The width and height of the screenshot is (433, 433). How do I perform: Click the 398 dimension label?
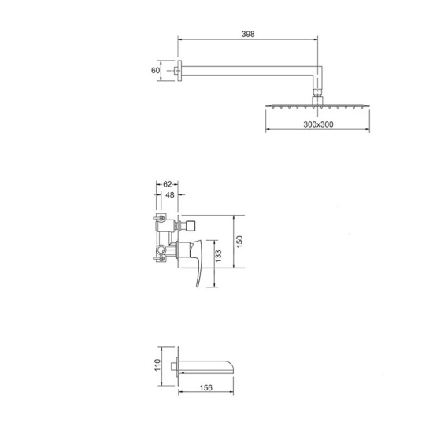pos(248,34)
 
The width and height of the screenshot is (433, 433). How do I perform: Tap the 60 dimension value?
pos(155,70)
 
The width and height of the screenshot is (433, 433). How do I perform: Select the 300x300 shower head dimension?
pos(318,124)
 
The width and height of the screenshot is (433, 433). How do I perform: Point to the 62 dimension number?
pos(168,184)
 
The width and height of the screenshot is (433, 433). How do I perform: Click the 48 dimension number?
pos(170,195)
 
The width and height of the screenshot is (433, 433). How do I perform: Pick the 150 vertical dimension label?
pos(239,242)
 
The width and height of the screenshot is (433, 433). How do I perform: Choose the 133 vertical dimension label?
pos(218,256)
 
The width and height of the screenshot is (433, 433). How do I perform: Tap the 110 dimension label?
pos(157,365)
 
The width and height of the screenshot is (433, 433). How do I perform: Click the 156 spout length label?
pos(206,387)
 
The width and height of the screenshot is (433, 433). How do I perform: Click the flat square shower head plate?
pos(317,105)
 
